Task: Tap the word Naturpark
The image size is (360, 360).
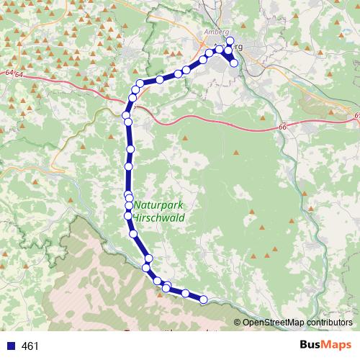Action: [158, 204]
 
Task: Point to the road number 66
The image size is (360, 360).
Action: [282, 127]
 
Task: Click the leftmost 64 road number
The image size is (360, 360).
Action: [8, 73]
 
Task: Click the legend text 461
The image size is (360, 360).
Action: [30, 346]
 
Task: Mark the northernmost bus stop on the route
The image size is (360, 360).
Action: [230, 40]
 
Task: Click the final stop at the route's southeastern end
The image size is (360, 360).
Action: [204, 299]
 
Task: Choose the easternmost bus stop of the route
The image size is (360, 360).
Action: [234, 63]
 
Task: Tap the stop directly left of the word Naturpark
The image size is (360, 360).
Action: [129, 206]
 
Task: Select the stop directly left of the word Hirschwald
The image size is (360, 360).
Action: [128, 215]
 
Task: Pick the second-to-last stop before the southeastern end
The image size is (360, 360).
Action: [186, 293]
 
